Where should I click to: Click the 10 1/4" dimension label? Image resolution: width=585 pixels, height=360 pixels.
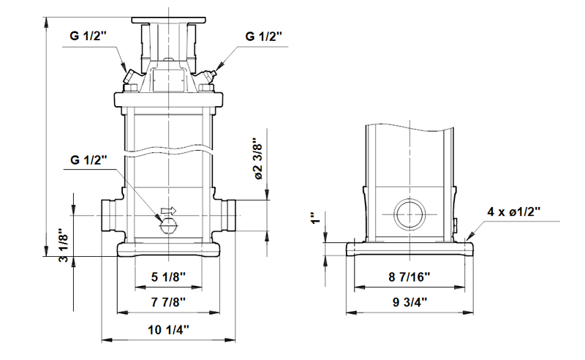[168, 330]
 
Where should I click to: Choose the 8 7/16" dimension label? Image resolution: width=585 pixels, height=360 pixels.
[409, 277]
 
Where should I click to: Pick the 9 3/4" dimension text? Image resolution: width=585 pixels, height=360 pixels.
[409, 301]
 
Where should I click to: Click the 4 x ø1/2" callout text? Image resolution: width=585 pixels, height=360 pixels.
[513, 211]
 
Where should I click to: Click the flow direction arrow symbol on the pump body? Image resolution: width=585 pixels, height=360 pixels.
[168, 210]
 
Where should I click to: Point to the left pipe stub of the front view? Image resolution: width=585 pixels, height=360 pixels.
[110, 216]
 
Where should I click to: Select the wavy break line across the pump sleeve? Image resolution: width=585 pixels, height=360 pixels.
[168, 149]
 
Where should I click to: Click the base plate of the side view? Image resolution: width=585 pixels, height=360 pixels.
[409, 250]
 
